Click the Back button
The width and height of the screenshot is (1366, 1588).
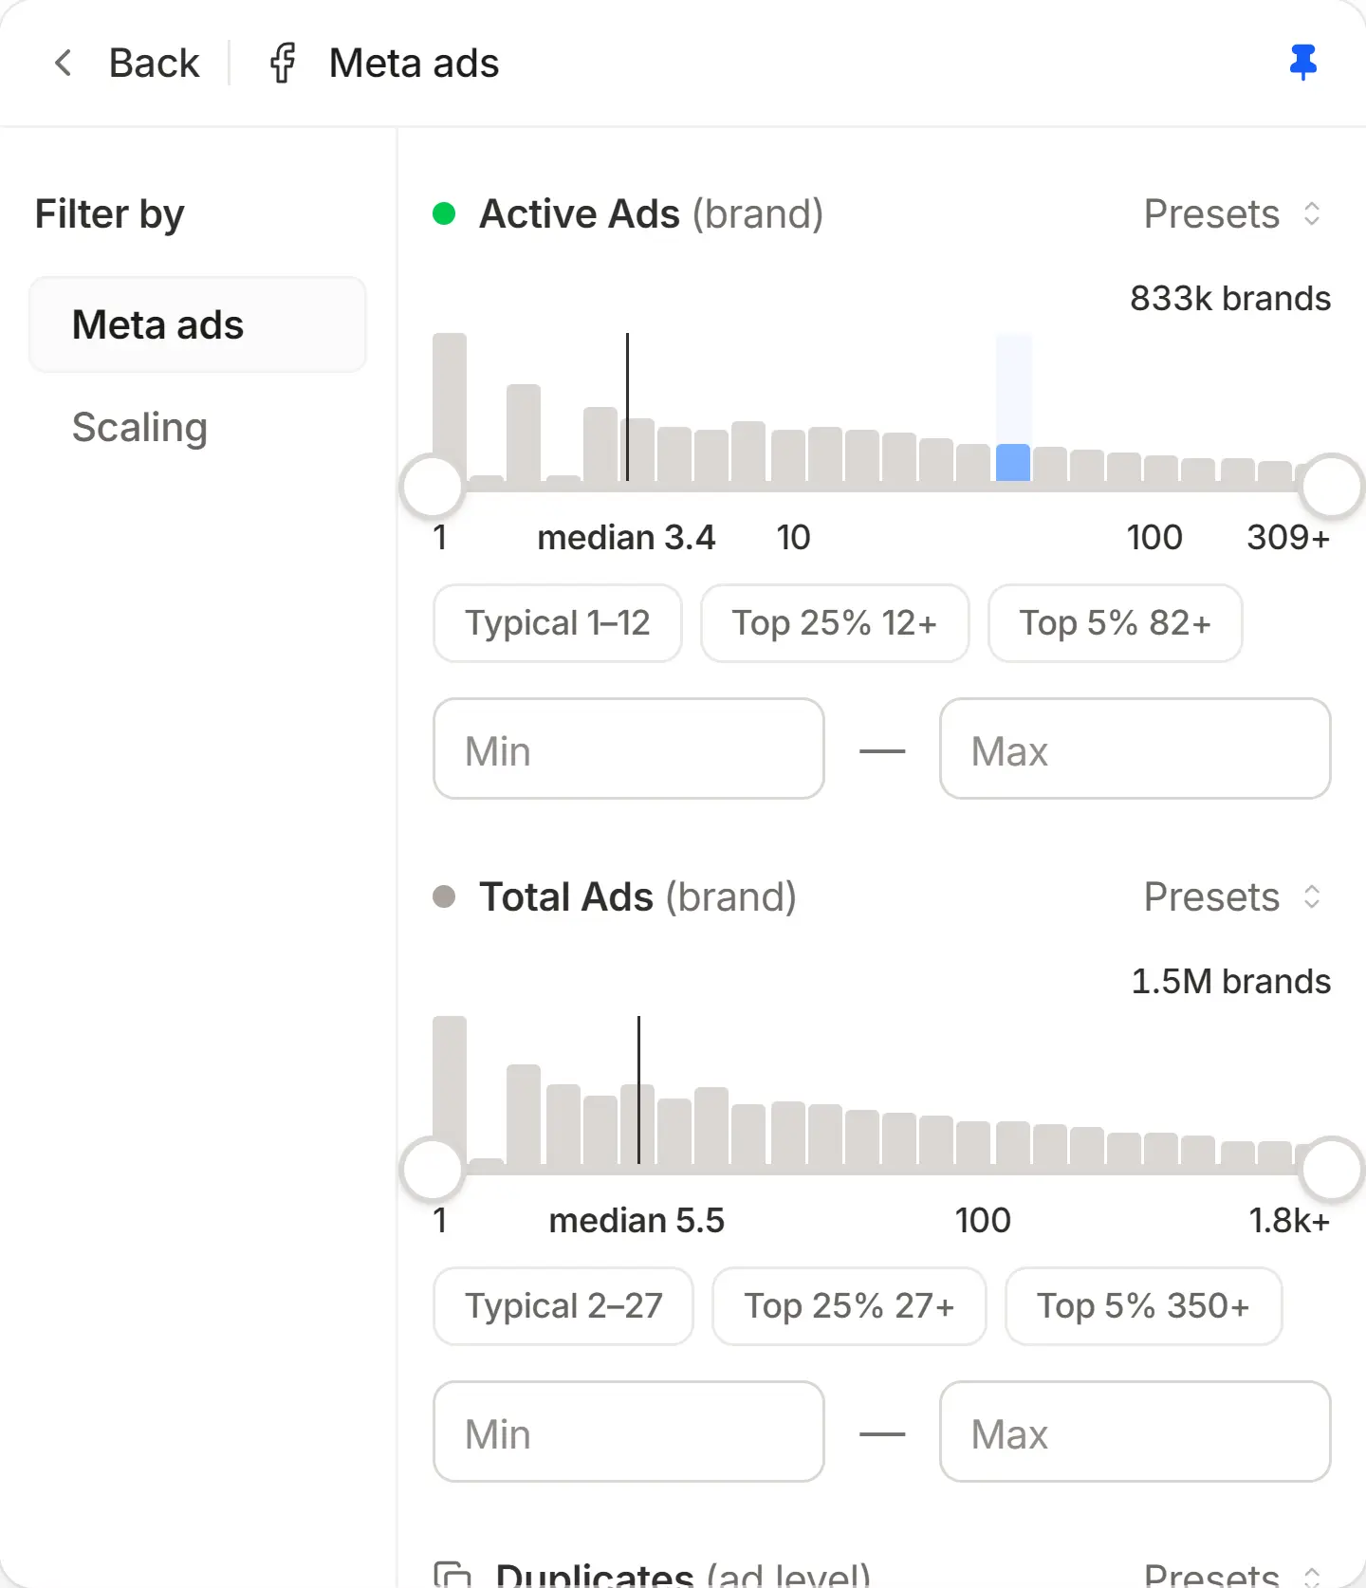tap(126, 64)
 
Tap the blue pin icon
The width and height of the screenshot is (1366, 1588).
tap(1303, 63)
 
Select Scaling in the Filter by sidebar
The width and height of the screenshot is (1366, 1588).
tap(140, 427)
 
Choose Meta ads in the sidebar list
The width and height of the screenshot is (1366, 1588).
tap(197, 324)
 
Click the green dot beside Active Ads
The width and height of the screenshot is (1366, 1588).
tap(444, 213)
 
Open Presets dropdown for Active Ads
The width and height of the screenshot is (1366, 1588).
tap(1232, 213)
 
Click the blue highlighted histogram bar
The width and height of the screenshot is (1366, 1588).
tap(1013, 462)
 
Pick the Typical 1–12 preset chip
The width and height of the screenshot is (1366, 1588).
tap(558, 623)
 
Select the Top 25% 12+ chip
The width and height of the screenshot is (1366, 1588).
tap(835, 623)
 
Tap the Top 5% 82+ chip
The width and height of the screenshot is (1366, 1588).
tap(1116, 623)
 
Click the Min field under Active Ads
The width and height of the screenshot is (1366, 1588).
tap(629, 749)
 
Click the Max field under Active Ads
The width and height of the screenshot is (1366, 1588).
tap(1135, 749)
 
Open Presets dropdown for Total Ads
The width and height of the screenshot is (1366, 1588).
tap(1232, 896)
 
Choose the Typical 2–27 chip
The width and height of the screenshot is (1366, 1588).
tap(563, 1306)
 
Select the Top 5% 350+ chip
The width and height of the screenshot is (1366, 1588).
tap(1144, 1306)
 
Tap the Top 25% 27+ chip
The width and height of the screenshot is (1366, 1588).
tap(849, 1306)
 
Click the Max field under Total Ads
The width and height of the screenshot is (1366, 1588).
tap(1135, 1432)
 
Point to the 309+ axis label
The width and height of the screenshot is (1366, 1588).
tap(1288, 538)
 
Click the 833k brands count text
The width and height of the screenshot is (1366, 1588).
tap(1230, 299)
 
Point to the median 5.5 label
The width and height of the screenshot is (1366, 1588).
tap(637, 1221)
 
